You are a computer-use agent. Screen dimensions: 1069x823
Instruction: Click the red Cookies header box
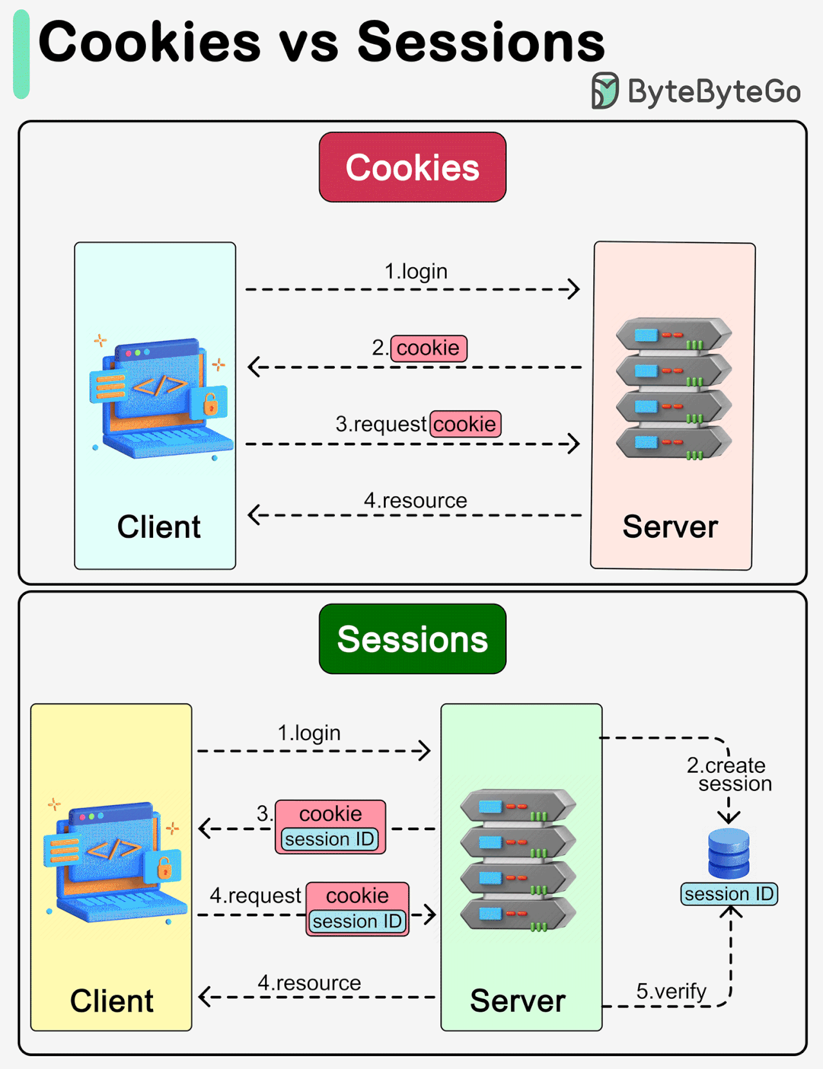(x=412, y=167)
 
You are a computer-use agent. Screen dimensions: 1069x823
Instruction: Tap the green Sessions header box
(x=412, y=639)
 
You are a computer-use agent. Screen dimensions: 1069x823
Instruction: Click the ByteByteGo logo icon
(x=604, y=91)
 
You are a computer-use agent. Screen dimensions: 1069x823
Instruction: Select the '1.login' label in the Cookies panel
(x=416, y=271)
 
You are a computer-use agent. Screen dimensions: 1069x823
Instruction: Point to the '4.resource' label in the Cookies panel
(x=415, y=500)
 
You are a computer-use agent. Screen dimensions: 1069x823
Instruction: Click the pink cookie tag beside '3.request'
(x=465, y=424)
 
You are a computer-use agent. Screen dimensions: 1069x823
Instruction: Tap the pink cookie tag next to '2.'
(x=428, y=348)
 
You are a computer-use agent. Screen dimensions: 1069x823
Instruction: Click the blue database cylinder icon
(x=728, y=853)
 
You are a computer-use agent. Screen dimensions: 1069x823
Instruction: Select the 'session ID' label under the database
(x=729, y=894)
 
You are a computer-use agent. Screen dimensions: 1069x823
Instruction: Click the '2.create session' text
(x=729, y=774)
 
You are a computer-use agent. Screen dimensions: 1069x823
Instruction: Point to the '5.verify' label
(x=671, y=991)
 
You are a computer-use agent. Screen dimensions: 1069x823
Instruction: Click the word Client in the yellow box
(x=111, y=1000)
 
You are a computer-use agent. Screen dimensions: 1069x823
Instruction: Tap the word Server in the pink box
(x=670, y=527)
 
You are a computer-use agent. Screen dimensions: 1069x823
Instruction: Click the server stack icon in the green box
(x=518, y=860)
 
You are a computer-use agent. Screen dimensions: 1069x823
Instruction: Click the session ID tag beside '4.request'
(x=357, y=921)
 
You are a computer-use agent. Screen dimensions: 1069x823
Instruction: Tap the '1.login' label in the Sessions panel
(x=309, y=733)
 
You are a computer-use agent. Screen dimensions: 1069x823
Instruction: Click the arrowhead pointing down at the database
(x=728, y=817)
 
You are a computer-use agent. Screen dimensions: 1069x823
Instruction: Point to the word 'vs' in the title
(x=309, y=44)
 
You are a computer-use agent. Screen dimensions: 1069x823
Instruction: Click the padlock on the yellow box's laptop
(x=165, y=869)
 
